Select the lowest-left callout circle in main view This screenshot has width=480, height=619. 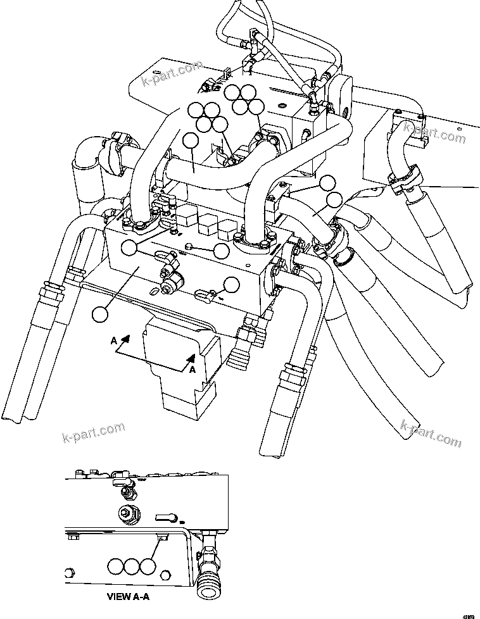(100, 314)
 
